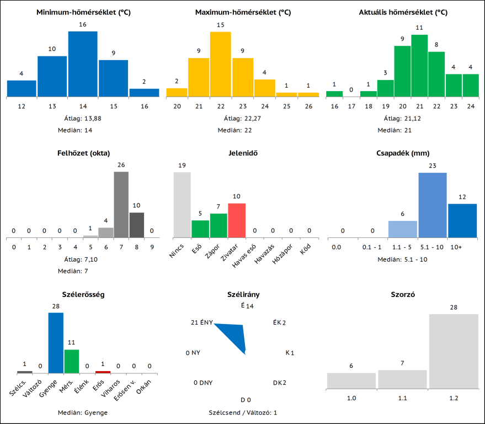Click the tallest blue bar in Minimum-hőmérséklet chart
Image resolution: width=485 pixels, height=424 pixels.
click(x=83, y=64)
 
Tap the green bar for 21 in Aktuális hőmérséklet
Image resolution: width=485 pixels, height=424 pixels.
click(x=419, y=66)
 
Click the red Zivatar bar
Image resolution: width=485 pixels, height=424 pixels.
click(x=236, y=220)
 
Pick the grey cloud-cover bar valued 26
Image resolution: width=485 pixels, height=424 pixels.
click(x=121, y=204)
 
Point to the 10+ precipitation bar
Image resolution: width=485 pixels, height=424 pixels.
click(x=462, y=220)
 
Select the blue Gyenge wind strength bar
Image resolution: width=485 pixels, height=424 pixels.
click(x=56, y=343)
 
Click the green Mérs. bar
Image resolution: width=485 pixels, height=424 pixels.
click(x=72, y=361)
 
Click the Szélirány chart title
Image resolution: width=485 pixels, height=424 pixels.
click(x=243, y=295)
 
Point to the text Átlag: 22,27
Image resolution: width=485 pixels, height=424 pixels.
click(x=243, y=118)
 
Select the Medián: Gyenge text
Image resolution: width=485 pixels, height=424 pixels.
click(x=82, y=412)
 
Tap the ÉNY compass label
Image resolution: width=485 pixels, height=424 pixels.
click(x=206, y=322)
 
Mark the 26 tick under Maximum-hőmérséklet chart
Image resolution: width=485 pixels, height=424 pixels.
click(x=308, y=107)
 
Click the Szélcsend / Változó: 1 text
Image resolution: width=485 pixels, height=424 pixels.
click(x=243, y=412)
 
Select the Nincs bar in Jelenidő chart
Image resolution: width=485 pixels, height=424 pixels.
click(x=182, y=204)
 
